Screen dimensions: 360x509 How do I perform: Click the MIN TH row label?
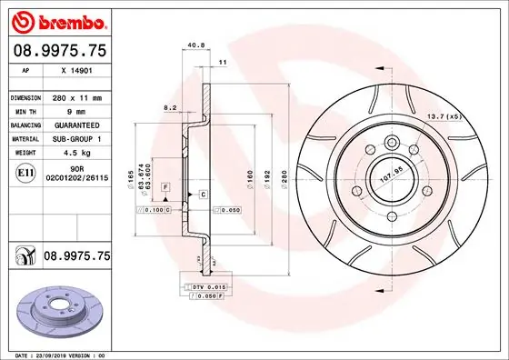click(24, 111)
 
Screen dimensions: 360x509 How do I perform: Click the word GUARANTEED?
click(74, 125)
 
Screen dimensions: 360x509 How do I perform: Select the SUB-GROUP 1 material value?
click(74, 139)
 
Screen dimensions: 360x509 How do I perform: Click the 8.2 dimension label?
click(169, 107)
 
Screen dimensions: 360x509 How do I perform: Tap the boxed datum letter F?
click(165, 185)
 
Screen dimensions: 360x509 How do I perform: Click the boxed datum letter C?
click(203, 195)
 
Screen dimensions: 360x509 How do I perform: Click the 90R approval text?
click(76, 169)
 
